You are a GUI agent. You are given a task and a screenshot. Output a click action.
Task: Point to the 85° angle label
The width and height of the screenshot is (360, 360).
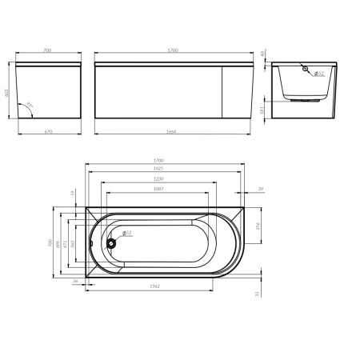click(x=30, y=104)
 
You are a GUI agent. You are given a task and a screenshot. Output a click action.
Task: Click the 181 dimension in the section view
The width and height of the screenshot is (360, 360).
click(x=265, y=109)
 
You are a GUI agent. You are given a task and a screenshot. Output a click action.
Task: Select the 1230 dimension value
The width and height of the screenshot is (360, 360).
click(x=160, y=180)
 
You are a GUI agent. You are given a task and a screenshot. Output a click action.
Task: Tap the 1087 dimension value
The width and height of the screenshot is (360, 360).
click(x=160, y=190)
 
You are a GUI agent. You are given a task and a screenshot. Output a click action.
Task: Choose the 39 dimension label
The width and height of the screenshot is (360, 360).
click(x=261, y=189)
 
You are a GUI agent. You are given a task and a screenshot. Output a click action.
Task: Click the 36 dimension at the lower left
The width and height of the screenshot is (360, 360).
click(x=74, y=282)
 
